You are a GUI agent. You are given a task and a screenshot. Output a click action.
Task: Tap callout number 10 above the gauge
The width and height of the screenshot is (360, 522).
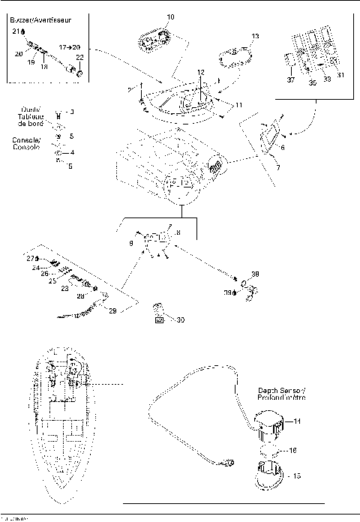click(169, 16)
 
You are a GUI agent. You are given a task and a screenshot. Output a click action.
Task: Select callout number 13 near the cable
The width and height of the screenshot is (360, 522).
click(255, 36)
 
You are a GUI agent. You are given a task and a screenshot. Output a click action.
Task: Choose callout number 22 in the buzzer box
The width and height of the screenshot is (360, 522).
click(79, 58)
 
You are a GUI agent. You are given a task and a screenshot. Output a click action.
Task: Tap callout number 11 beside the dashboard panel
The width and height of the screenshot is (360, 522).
click(238, 106)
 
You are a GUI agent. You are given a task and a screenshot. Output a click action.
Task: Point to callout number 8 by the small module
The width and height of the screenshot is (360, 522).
click(178, 233)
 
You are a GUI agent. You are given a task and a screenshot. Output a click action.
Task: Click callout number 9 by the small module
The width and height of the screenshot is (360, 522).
click(132, 244)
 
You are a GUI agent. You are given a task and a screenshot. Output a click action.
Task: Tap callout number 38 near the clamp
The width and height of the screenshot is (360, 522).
click(254, 274)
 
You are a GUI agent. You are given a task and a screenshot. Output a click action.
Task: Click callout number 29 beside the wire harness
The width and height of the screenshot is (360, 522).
click(113, 310)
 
